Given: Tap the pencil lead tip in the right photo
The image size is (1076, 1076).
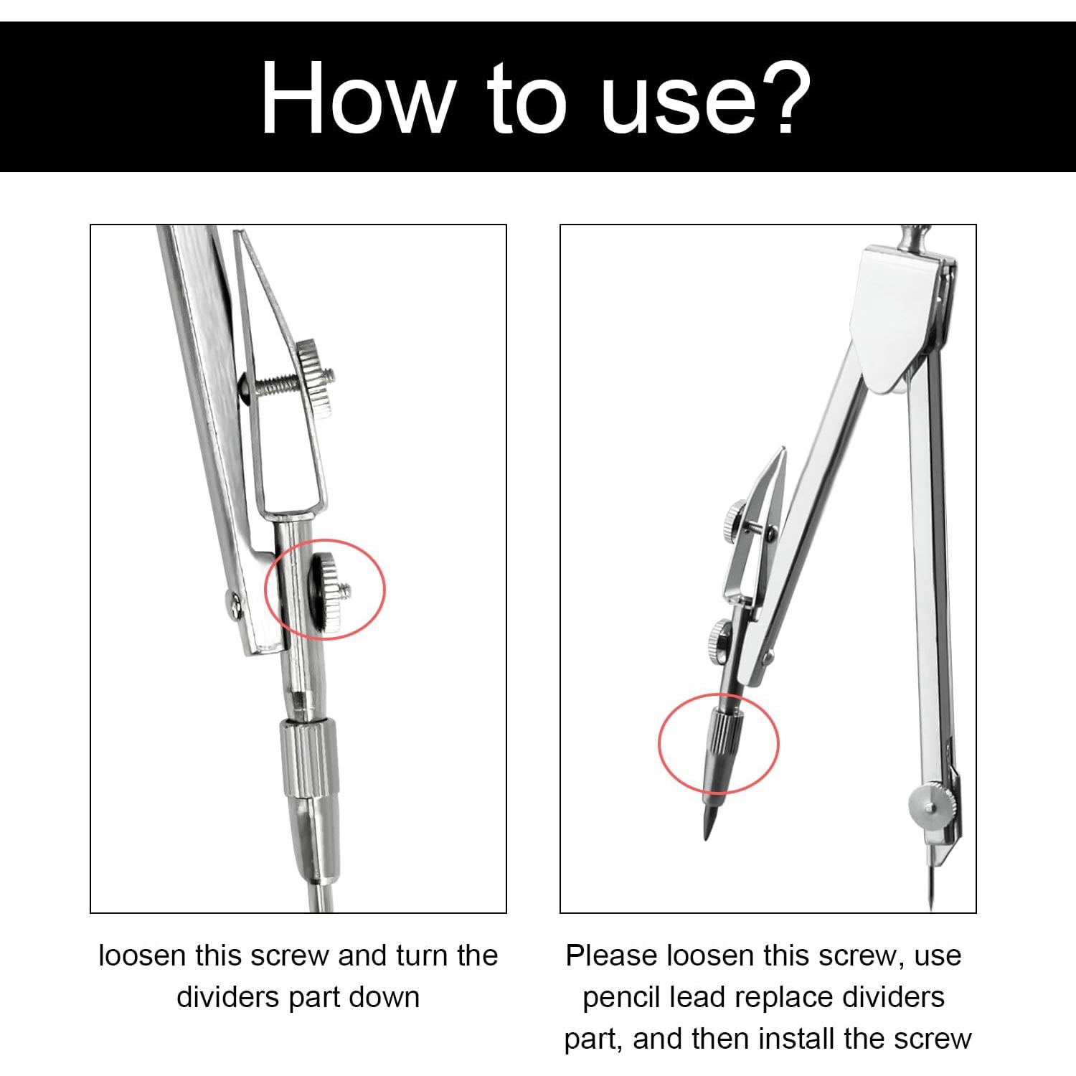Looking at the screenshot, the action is (x=706, y=836).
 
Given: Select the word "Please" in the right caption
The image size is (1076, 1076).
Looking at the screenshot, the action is (x=612, y=955).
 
